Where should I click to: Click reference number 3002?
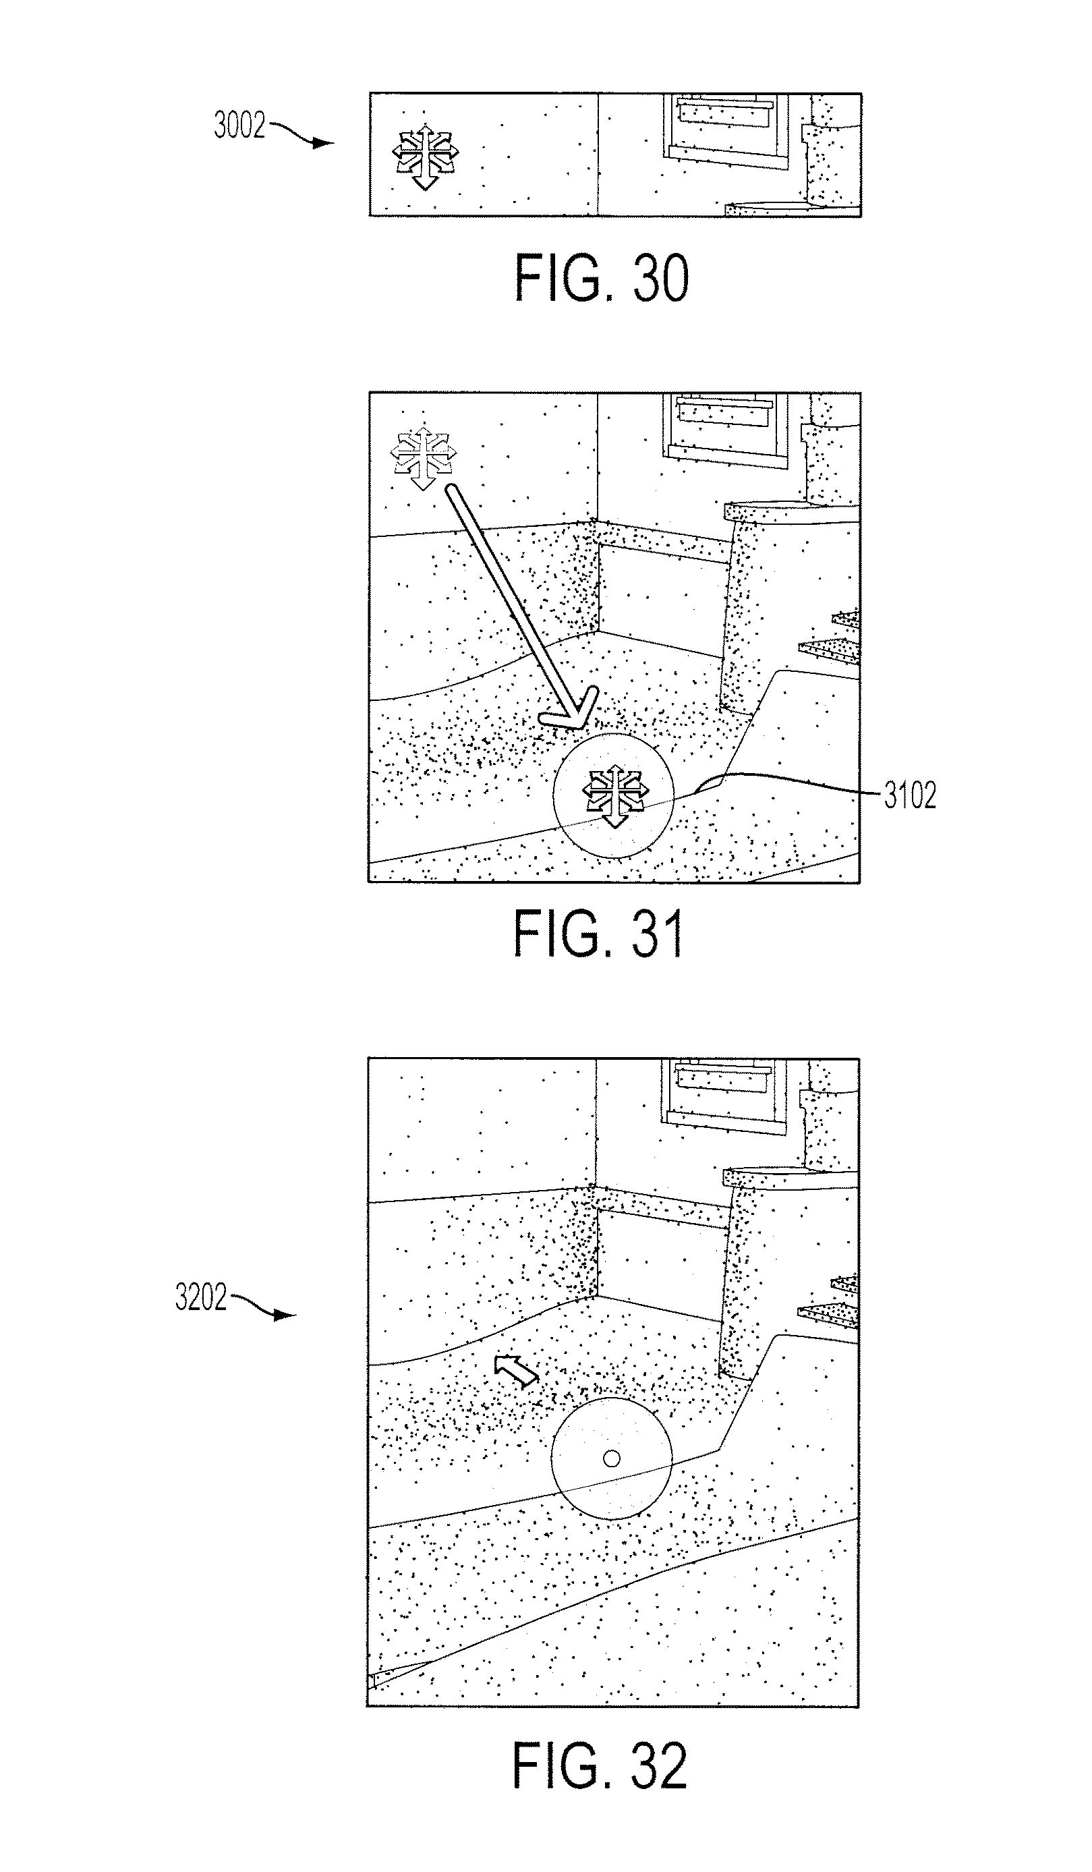click(x=239, y=125)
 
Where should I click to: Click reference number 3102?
click(x=909, y=795)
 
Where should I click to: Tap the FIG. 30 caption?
click(x=602, y=278)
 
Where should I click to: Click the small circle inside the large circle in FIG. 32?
click(x=611, y=1459)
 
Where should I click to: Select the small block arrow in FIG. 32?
click(x=515, y=1370)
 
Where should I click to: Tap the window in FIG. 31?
click(x=726, y=430)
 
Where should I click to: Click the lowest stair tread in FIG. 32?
click(x=829, y=1315)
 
